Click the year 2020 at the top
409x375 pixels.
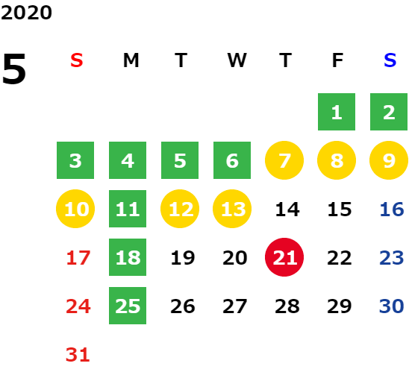pos(26,13)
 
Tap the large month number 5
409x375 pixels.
pos(14,69)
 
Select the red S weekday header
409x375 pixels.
pos(77,60)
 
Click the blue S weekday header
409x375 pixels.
pos(390,60)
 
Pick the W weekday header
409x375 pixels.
pos(237,60)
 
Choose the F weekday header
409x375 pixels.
pos(338,60)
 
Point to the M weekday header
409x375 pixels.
pos(131,60)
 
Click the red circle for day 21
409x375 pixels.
pos(284,257)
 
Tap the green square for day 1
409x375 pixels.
pos(337,112)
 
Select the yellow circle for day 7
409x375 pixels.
pos(284,160)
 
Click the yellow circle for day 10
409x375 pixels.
pos(75,209)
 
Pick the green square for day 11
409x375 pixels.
pos(128,209)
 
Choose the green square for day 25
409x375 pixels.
pos(128,306)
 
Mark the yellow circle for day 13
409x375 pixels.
pos(232,209)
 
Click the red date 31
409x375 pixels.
pos(78,355)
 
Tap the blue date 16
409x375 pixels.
pos(392,209)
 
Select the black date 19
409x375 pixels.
pos(183,258)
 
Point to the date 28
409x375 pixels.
pos(287,306)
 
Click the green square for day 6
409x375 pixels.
pos(232,160)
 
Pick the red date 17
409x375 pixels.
pos(78,258)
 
